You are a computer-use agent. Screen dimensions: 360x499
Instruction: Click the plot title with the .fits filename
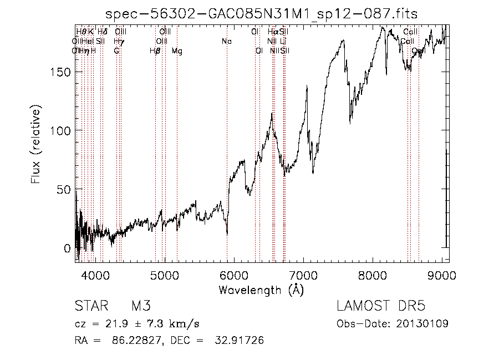[x=261, y=13]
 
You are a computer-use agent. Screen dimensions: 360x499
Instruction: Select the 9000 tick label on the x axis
[x=442, y=274]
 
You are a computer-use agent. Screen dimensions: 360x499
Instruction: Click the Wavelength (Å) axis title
[x=261, y=290]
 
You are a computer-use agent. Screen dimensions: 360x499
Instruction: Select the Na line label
[x=227, y=42]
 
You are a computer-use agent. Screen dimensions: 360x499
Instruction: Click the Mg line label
[x=177, y=51]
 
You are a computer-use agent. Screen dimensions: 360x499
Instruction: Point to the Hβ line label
[x=155, y=51]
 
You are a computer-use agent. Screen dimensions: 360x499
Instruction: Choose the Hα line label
[x=273, y=32]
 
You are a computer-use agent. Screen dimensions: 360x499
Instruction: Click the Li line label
[x=283, y=42]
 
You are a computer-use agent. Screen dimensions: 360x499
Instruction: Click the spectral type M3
[x=141, y=306]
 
